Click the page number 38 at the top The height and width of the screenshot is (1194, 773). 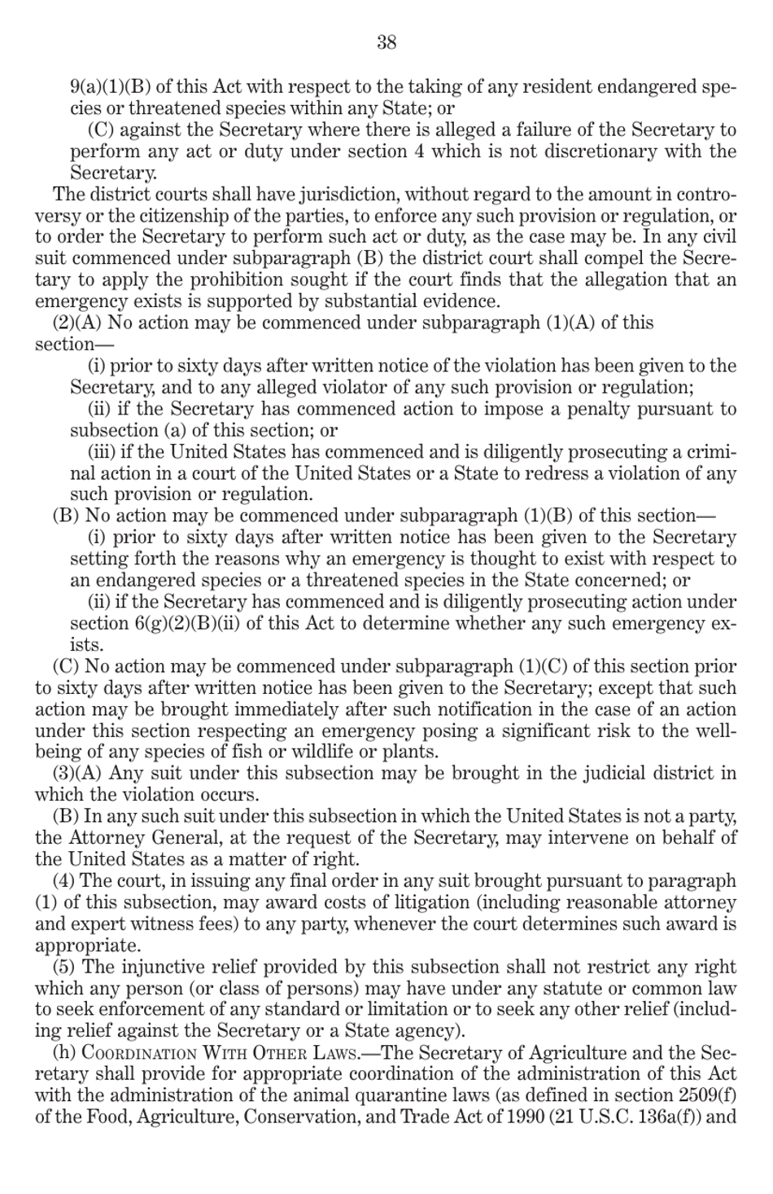point(386,43)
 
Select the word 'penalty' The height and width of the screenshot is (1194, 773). point(594,409)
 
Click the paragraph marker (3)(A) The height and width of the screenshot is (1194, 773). point(78,773)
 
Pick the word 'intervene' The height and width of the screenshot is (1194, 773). point(583,837)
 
